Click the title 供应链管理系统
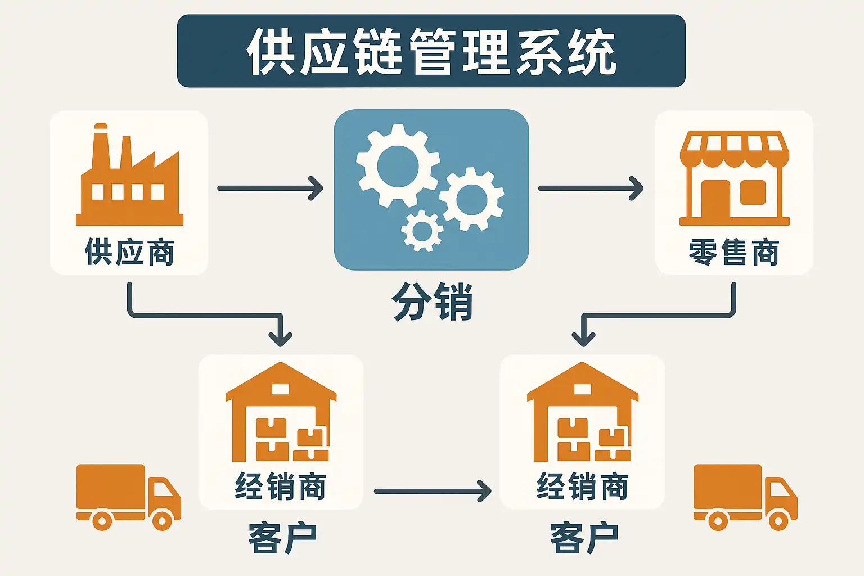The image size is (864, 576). [x=431, y=52]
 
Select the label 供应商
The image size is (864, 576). [x=129, y=251]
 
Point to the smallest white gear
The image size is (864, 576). [x=422, y=231]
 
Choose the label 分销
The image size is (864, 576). [x=432, y=302]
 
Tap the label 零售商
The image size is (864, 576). [x=734, y=252]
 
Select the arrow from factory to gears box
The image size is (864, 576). [x=270, y=188]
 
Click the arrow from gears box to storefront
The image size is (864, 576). [x=591, y=188]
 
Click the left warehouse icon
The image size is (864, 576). [x=281, y=413]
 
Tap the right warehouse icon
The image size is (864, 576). [x=583, y=413]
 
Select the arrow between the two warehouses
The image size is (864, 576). [x=432, y=492]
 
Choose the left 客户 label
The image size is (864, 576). [x=282, y=538]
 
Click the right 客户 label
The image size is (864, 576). [x=584, y=538]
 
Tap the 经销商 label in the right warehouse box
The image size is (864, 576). [x=583, y=487]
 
